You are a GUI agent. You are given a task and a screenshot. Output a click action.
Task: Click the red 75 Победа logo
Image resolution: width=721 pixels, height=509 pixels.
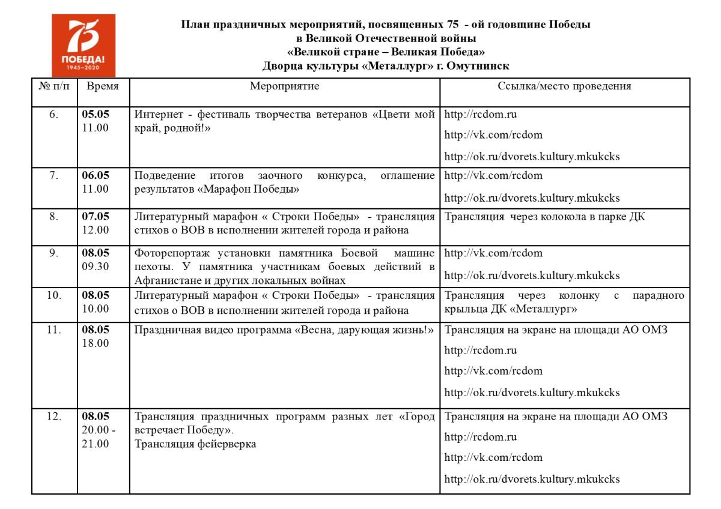click(x=84, y=45)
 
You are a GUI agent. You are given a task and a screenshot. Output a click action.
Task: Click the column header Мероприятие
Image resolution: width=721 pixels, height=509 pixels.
click(x=284, y=86)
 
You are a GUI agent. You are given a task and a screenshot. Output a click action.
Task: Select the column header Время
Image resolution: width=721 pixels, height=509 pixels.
click(x=103, y=86)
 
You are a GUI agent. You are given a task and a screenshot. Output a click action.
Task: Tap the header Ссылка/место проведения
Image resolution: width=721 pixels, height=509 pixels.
click(x=564, y=86)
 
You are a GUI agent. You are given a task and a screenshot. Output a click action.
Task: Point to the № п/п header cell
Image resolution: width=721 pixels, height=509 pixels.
click(x=54, y=86)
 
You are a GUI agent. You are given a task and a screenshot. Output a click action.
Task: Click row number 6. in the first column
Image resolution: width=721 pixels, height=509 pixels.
click(x=54, y=114)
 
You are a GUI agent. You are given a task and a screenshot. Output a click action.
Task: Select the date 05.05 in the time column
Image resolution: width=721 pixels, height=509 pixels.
click(x=96, y=114)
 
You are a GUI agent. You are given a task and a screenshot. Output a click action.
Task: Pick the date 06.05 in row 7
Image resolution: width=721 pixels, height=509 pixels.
click(x=96, y=175)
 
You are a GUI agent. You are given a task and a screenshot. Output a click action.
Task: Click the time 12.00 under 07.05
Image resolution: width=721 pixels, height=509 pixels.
click(x=96, y=230)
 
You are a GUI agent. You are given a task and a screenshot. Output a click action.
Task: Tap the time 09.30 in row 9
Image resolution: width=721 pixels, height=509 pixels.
click(x=96, y=266)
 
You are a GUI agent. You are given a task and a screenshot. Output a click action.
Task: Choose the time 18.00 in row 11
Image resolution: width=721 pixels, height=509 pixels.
click(x=96, y=343)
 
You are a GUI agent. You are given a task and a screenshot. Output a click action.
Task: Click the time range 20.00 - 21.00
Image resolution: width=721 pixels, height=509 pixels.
click(x=99, y=437)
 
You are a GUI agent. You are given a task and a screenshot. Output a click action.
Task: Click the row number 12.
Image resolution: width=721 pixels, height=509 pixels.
click(x=54, y=417)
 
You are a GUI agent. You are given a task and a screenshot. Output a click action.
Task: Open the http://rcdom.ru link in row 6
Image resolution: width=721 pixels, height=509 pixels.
click(x=481, y=114)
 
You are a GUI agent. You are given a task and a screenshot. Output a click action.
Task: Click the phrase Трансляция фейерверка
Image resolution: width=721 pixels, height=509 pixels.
click(x=195, y=444)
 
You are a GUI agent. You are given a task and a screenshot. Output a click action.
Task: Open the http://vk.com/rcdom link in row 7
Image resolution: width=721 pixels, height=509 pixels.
click(x=493, y=175)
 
